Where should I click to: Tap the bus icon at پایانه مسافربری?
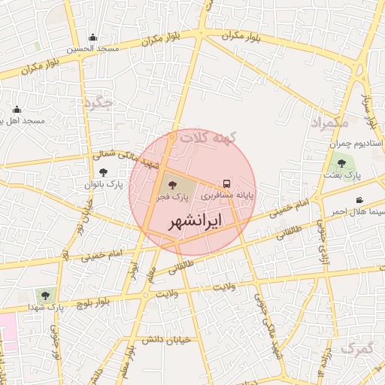pyautogui.click(x=226, y=183)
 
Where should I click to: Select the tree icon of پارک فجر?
pyautogui.click(x=172, y=183)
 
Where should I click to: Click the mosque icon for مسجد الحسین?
pyautogui.click(x=92, y=38)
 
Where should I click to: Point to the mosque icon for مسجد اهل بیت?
pyautogui.click(x=17, y=110)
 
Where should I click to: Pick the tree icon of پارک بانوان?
pyautogui.click(x=103, y=172)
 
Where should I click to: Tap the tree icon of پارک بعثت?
pyautogui.click(x=342, y=162)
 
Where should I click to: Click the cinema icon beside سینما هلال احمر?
pyautogui.click(x=360, y=200)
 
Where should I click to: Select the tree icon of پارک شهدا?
pyautogui.click(x=40, y=295)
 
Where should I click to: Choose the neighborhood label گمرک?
pyautogui.click(x=356, y=347)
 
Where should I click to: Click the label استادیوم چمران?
pyautogui.click(x=357, y=143)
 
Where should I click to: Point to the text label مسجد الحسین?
pyautogui.click(x=92, y=49)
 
